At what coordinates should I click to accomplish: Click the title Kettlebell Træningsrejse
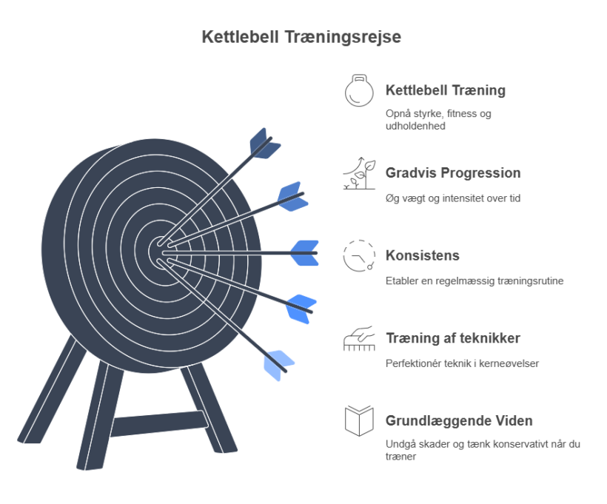pyautogui.click(x=301, y=37)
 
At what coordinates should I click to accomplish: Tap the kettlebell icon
pyautogui.click(x=359, y=90)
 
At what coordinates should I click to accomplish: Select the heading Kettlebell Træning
pyautogui.click(x=445, y=90)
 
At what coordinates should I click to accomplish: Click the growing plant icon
pyautogui.click(x=359, y=173)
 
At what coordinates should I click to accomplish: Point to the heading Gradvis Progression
pyautogui.click(x=453, y=173)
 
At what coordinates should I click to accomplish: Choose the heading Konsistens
pyautogui.click(x=423, y=255)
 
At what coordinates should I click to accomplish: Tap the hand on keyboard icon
pyautogui.click(x=359, y=338)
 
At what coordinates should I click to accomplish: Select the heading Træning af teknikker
pyautogui.click(x=453, y=338)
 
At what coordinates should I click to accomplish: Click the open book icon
pyautogui.click(x=359, y=421)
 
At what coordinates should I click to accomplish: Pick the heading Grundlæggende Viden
pyautogui.click(x=459, y=421)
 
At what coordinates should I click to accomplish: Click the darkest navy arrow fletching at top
pyautogui.click(x=265, y=144)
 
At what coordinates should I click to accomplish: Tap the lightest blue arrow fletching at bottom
pyautogui.click(x=278, y=366)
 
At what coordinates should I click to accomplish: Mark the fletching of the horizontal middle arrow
pyautogui.click(x=305, y=253)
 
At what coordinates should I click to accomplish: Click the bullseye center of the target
pyautogui.click(x=159, y=252)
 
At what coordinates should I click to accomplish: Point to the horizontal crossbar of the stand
pyautogui.click(x=159, y=423)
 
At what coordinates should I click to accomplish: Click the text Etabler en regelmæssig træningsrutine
pyautogui.click(x=474, y=281)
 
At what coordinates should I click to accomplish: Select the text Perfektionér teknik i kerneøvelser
pyautogui.click(x=462, y=363)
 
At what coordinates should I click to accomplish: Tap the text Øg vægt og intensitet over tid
pyautogui.click(x=453, y=198)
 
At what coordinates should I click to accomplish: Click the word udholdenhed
pyautogui.click(x=415, y=127)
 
